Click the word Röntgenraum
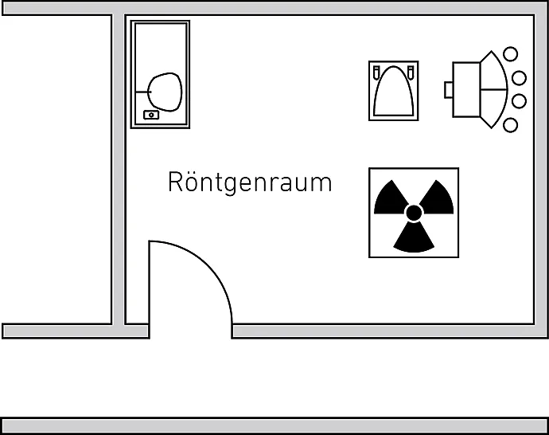249,182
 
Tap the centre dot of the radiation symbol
414,213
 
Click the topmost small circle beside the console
510,55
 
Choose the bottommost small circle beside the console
510,125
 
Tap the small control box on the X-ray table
150,115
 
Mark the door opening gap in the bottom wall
190,331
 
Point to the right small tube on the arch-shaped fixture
412,72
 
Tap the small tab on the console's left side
449,89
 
